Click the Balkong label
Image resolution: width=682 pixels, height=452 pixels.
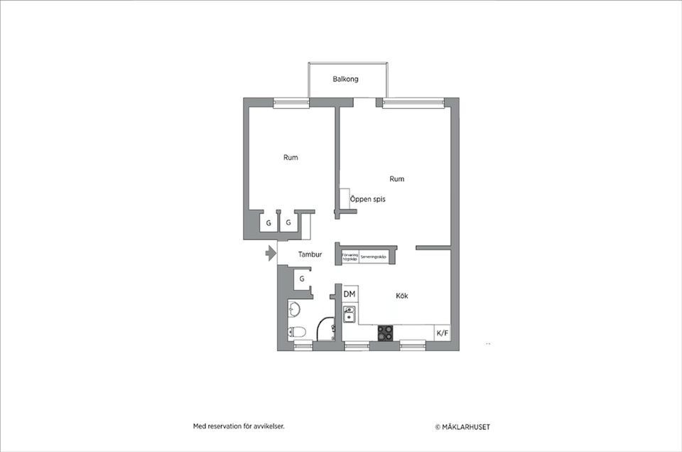[x=345, y=79]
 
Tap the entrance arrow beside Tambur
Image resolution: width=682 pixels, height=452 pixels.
[x=270, y=253]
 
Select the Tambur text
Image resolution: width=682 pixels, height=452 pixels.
[x=310, y=254]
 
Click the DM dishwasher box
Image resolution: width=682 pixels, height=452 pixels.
[x=350, y=294]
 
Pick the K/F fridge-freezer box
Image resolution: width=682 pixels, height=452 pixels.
[x=442, y=333]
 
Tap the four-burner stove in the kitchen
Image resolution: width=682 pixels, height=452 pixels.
[x=386, y=332]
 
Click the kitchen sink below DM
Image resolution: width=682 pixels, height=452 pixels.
[x=350, y=313]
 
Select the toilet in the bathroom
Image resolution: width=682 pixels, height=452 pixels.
[x=297, y=331]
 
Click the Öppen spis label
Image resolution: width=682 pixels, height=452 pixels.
[x=368, y=200]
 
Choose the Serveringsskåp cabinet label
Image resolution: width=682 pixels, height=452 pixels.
[x=374, y=257]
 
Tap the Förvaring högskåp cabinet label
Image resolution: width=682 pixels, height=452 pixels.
[x=350, y=257]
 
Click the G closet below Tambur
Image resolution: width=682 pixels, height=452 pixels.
[x=302, y=279]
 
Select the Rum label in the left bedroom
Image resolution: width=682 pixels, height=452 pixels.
[x=291, y=157]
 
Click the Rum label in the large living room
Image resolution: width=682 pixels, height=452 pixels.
[x=397, y=178]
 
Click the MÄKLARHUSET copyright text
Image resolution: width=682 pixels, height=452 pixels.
[x=462, y=427]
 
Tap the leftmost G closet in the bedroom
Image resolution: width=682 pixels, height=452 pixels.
[x=269, y=223]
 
